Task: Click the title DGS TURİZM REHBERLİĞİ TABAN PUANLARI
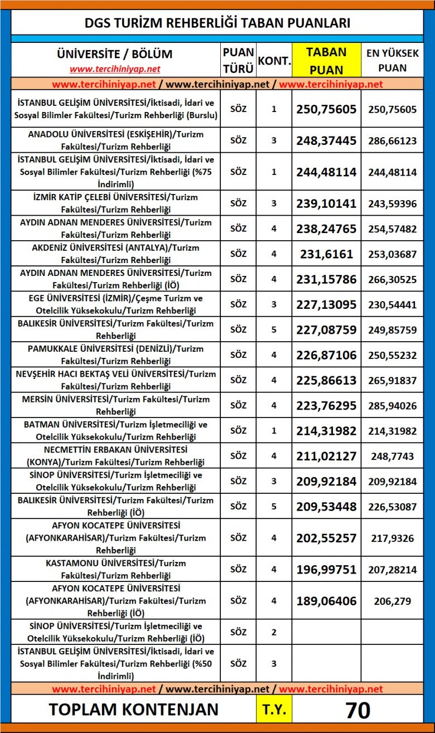click(217, 23)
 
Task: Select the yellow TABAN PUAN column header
click(326, 60)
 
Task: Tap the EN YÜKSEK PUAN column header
click(392, 60)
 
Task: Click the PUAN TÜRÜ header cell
click(238, 60)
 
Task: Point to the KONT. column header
click(273, 60)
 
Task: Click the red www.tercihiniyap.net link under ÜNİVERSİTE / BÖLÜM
click(115, 69)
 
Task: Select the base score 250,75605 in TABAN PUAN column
click(326, 109)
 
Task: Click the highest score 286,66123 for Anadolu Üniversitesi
click(392, 140)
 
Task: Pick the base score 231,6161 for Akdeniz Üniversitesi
click(326, 254)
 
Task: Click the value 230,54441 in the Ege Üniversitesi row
click(392, 304)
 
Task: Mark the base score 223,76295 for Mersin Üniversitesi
click(326, 405)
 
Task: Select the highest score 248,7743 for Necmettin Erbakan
click(392, 456)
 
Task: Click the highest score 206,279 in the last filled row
click(392, 601)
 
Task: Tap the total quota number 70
click(357, 710)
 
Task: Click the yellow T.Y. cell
click(273, 710)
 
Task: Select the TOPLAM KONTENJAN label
click(133, 710)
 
